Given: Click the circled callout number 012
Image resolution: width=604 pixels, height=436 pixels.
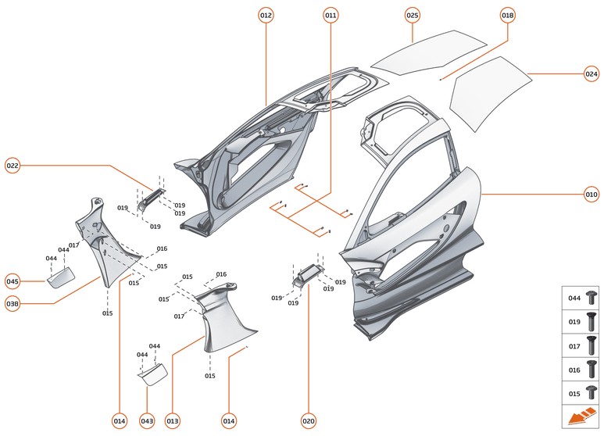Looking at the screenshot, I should pyautogui.click(x=266, y=16).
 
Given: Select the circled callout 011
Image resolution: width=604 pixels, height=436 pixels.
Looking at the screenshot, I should pyautogui.click(x=331, y=16).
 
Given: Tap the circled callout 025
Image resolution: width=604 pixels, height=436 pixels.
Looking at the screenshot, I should pyautogui.click(x=412, y=16).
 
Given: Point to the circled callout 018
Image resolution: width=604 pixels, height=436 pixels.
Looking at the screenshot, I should pyautogui.click(x=508, y=16).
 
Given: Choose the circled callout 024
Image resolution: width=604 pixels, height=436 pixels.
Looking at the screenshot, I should pyautogui.click(x=591, y=73).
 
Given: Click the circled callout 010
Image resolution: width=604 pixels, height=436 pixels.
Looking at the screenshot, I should pyautogui.click(x=591, y=194).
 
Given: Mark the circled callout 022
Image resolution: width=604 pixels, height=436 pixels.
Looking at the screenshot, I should pyautogui.click(x=13, y=165).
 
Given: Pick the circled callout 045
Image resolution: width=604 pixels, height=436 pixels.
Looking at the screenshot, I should pyautogui.click(x=13, y=281).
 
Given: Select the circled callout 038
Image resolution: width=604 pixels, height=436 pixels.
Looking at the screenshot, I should pyautogui.click(x=13, y=305).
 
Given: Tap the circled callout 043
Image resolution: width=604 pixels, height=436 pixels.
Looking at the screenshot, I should pyautogui.click(x=147, y=421).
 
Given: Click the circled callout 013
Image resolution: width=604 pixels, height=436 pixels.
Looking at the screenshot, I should pyautogui.click(x=172, y=421).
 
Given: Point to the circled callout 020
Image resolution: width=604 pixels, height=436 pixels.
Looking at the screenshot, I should pyautogui.click(x=309, y=421).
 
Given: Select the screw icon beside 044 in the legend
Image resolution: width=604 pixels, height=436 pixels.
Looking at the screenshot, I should pyautogui.click(x=591, y=298).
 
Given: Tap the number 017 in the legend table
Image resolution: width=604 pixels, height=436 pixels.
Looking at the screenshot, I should pyautogui.click(x=574, y=345).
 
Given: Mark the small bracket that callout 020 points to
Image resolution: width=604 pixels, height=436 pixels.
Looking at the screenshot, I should pyautogui.click(x=307, y=273).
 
